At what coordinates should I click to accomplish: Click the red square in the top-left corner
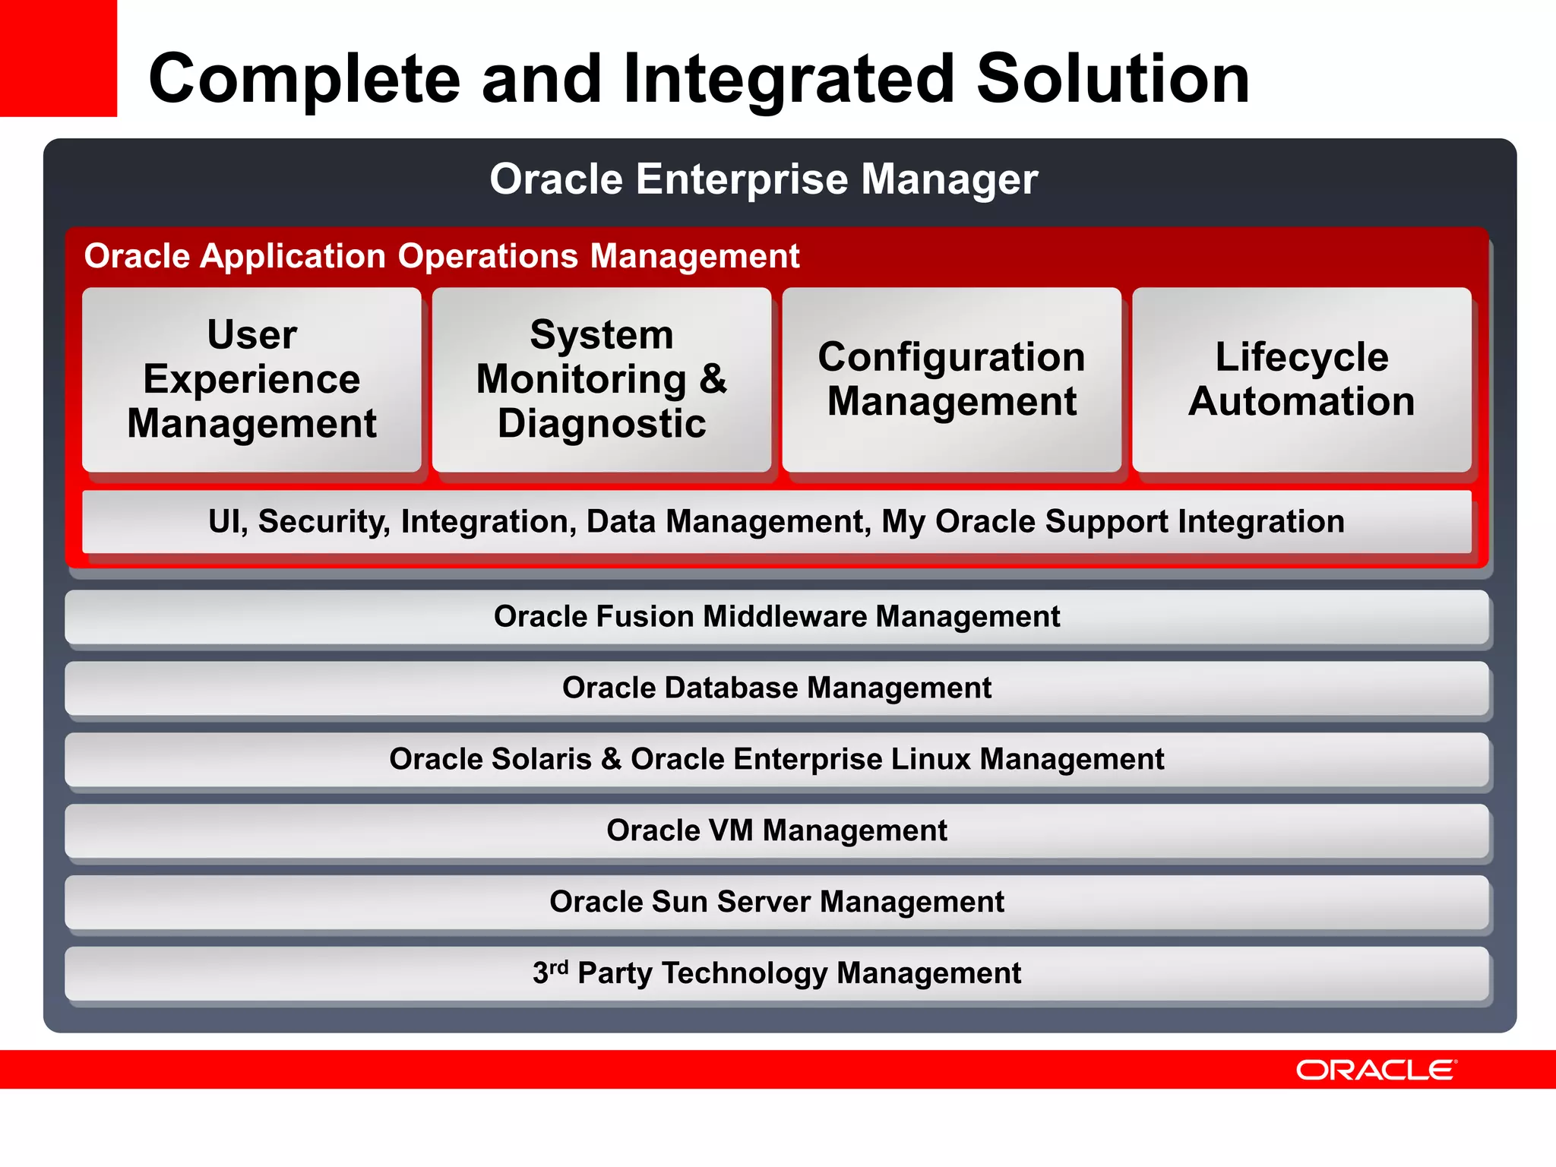pyautogui.click(x=58, y=58)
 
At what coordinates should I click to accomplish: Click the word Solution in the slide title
pyautogui.click(x=1112, y=79)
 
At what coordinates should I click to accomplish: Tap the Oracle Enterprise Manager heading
pyautogui.click(x=763, y=179)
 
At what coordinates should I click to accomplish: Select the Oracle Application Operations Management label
pyautogui.click(x=441, y=256)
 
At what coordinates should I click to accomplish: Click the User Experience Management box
pyautogui.click(x=251, y=379)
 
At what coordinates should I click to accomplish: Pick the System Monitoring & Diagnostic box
pyautogui.click(x=601, y=379)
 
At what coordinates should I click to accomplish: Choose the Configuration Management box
pyautogui.click(x=951, y=379)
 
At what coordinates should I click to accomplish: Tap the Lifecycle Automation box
pyautogui.click(x=1301, y=379)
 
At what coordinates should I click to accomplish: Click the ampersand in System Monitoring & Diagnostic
pyautogui.click(x=713, y=378)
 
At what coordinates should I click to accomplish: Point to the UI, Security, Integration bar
pyautogui.click(x=776, y=522)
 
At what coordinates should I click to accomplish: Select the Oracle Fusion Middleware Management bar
pyautogui.click(x=776, y=617)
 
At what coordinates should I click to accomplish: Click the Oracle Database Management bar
pyautogui.click(x=776, y=688)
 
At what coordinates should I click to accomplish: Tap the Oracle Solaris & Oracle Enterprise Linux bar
pyautogui.click(x=776, y=760)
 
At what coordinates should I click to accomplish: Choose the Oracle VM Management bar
pyautogui.click(x=776, y=831)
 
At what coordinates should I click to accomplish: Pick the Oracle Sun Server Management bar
pyautogui.click(x=776, y=903)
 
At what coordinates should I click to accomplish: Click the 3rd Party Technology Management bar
pyautogui.click(x=776, y=974)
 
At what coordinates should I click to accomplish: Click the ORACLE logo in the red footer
pyautogui.click(x=1375, y=1071)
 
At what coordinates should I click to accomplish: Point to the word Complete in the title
pyautogui.click(x=304, y=79)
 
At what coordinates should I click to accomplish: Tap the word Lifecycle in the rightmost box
pyautogui.click(x=1301, y=357)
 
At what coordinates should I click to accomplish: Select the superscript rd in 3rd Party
pyautogui.click(x=559, y=967)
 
